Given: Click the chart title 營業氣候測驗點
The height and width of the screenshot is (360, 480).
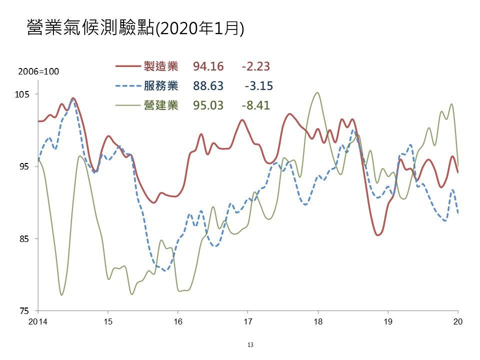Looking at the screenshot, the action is tap(91, 28).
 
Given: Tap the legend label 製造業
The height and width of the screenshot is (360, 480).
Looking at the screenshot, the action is tap(161, 66).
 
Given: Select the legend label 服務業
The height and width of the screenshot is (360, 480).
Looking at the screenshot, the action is tap(161, 85).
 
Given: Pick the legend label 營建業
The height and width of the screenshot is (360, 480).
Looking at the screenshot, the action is tap(161, 105).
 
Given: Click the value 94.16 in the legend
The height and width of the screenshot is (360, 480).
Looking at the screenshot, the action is tap(208, 66).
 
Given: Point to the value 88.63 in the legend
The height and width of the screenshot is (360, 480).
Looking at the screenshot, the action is tap(208, 86).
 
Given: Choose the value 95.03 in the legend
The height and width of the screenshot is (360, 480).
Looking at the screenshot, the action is tap(208, 105).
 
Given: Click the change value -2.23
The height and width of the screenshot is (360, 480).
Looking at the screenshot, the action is tap(256, 66).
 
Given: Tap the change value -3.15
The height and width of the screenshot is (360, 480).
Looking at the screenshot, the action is tap(259, 86).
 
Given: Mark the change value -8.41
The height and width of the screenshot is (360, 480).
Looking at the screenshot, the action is tap(256, 105).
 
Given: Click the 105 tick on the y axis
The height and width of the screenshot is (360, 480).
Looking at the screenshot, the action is tap(22, 94).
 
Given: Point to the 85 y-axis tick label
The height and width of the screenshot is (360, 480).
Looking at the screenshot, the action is tap(24, 239).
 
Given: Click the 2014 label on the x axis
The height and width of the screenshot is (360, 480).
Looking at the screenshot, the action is tap(38, 321).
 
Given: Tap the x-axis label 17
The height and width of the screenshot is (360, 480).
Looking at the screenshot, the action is tap(248, 321).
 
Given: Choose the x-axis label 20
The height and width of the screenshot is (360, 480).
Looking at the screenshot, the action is tap(458, 321).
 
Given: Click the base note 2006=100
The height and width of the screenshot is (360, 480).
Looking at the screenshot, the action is tap(38, 71).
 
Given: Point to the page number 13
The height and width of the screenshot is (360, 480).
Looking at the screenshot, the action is tap(250, 345).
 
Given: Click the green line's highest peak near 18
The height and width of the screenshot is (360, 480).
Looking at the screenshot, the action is tap(317, 93).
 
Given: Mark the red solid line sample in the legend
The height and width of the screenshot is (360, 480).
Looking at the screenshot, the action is tap(128, 66).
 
